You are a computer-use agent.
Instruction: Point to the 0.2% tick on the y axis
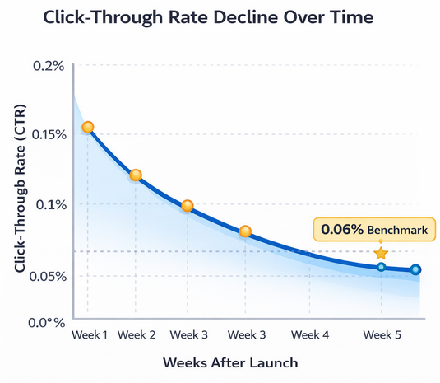click(47, 65)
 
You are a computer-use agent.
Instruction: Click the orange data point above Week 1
click(88, 127)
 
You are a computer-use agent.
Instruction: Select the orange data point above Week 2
click(136, 175)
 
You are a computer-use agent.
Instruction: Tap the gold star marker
click(380, 254)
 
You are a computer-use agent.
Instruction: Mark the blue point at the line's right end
click(416, 269)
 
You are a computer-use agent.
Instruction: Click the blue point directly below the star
click(381, 267)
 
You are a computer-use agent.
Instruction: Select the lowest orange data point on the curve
click(245, 231)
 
